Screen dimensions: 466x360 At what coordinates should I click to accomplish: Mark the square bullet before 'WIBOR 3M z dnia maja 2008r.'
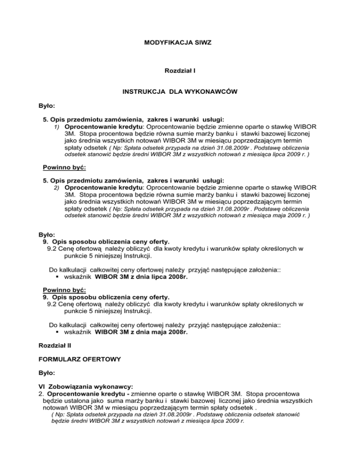[56, 346]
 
